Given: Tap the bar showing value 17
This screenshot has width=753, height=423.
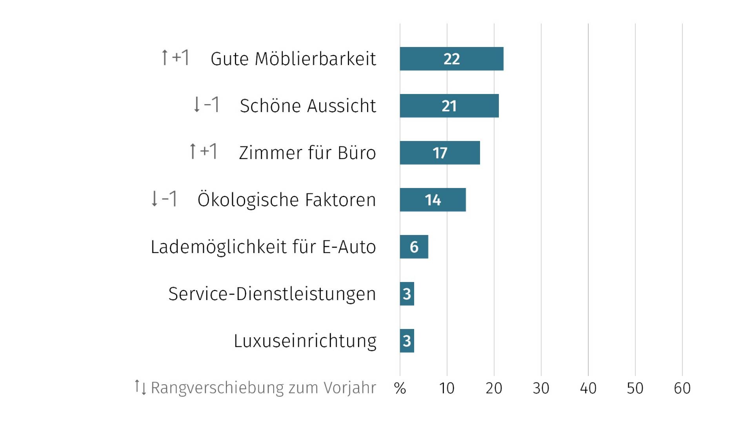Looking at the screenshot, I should click(x=440, y=153).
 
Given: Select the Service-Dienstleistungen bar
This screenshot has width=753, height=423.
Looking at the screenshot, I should click(x=407, y=294).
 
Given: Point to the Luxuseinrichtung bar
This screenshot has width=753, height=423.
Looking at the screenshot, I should click(x=407, y=341).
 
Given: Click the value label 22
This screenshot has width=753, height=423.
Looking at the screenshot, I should click(x=451, y=59).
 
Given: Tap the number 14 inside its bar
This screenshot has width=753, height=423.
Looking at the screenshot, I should click(x=433, y=200).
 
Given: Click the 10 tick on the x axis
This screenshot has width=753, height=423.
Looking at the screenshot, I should click(x=447, y=388).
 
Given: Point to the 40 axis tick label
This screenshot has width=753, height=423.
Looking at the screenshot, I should click(x=588, y=388).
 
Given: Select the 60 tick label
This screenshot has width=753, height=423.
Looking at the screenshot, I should click(x=682, y=388).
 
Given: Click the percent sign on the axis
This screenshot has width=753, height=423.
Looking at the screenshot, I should click(x=400, y=388).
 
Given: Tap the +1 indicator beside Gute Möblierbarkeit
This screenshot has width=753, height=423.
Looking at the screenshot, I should click(x=181, y=58).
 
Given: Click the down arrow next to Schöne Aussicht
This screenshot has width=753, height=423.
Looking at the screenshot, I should click(x=197, y=105).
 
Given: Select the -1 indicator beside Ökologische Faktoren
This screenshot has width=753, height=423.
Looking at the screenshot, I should click(x=169, y=199).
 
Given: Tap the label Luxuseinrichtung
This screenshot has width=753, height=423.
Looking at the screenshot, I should click(x=305, y=341).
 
